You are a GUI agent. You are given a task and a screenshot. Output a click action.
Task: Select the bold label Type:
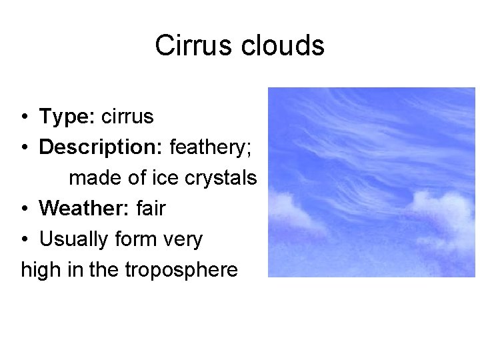[68, 117]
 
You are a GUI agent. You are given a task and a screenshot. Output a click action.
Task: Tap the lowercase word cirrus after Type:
[127, 117]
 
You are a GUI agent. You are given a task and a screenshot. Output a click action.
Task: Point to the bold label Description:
[101, 147]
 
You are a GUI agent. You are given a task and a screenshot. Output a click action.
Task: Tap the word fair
[151, 209]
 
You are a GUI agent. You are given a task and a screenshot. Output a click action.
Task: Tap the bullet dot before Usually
[23, 240]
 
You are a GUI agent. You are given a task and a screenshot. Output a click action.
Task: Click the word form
[137, 239]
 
